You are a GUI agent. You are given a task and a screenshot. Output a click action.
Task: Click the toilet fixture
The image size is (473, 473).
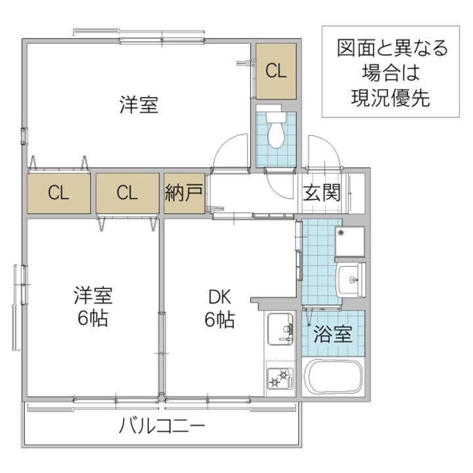(x=275, y=131)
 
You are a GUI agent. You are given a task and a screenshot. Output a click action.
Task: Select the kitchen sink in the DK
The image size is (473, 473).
(x=281, y=327)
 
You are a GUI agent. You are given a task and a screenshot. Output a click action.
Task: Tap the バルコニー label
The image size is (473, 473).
(x=162, y=426)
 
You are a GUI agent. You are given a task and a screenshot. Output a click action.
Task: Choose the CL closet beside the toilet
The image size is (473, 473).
(x=276, y=70)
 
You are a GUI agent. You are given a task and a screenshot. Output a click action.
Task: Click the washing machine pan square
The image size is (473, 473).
(x=349, y=241)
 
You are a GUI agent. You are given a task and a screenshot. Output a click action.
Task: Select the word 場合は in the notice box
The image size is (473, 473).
(x=390, y=73)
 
